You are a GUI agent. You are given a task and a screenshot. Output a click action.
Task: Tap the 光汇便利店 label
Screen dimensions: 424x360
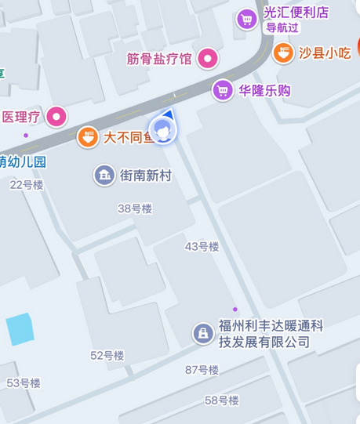(x=296, y=13)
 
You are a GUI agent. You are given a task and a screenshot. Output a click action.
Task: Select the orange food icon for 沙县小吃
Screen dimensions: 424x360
(x=283, y=53)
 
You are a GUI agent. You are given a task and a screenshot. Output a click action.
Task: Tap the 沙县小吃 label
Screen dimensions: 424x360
(x=325, y=53)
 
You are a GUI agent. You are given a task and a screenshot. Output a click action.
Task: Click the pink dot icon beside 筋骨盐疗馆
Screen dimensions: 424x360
(x=207, y=57)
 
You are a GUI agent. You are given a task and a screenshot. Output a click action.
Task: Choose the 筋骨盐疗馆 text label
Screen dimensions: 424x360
(x=159, y=58)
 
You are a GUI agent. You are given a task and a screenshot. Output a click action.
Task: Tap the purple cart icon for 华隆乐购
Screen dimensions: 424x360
(x=224, y=90)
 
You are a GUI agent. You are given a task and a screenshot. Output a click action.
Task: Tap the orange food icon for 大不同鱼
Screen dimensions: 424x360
(x=88, y=138)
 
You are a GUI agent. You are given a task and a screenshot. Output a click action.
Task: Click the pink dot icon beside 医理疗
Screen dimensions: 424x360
(x=56, y=118)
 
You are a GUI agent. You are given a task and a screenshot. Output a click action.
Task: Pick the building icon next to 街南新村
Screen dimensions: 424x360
(x=104, y=175)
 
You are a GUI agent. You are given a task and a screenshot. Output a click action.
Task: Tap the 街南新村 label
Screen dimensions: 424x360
(x=145, y=176)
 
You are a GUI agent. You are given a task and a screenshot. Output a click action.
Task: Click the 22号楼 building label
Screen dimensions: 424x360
(x=27, y=185)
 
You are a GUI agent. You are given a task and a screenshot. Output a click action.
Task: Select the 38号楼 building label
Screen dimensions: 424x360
(x=134, y=208)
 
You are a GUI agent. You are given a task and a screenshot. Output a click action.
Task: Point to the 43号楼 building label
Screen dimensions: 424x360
(x=202, y=246)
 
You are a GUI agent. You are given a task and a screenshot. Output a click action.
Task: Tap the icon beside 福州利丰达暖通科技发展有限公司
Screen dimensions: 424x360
(x=203, y=334)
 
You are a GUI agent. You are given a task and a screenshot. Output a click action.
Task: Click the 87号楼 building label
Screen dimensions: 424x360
(x=202, y=370)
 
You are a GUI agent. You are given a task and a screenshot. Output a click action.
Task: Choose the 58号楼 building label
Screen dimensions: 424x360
(x=222, y=400)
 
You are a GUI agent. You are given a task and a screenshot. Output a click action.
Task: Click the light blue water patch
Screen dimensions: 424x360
(x=20, y=330)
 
